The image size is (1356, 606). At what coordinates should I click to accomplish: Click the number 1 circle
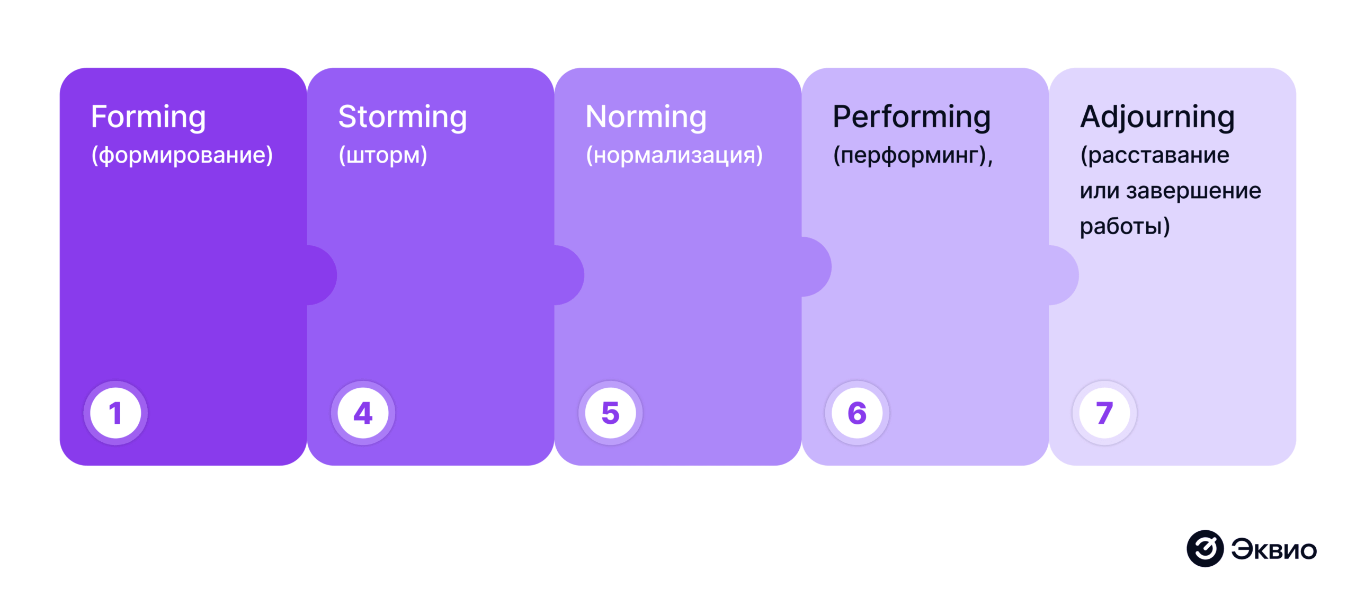[x=115, y=413]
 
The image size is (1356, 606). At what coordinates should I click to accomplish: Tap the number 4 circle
[x=363, y=413]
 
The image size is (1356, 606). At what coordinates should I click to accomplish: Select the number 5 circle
[x=610, y=413]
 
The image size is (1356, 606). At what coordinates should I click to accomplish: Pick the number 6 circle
[x=857, y=413]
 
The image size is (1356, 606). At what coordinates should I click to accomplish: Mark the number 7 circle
[x=1104, y=413]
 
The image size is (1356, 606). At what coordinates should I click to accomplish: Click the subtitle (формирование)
[x=182, y=155]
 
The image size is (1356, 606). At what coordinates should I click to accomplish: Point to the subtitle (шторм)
[x=383, y=155]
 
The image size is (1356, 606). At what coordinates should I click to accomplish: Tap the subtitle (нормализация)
[x=674, y=155]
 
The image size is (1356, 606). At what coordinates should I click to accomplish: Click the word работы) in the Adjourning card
[x=1125, y=226]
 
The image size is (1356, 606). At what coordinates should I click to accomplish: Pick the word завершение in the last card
[x=1193, y=191]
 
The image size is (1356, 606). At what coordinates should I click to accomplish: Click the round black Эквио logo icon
[x=1205, y=548]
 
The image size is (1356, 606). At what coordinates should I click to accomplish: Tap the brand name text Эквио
[x=1274, y=549]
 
